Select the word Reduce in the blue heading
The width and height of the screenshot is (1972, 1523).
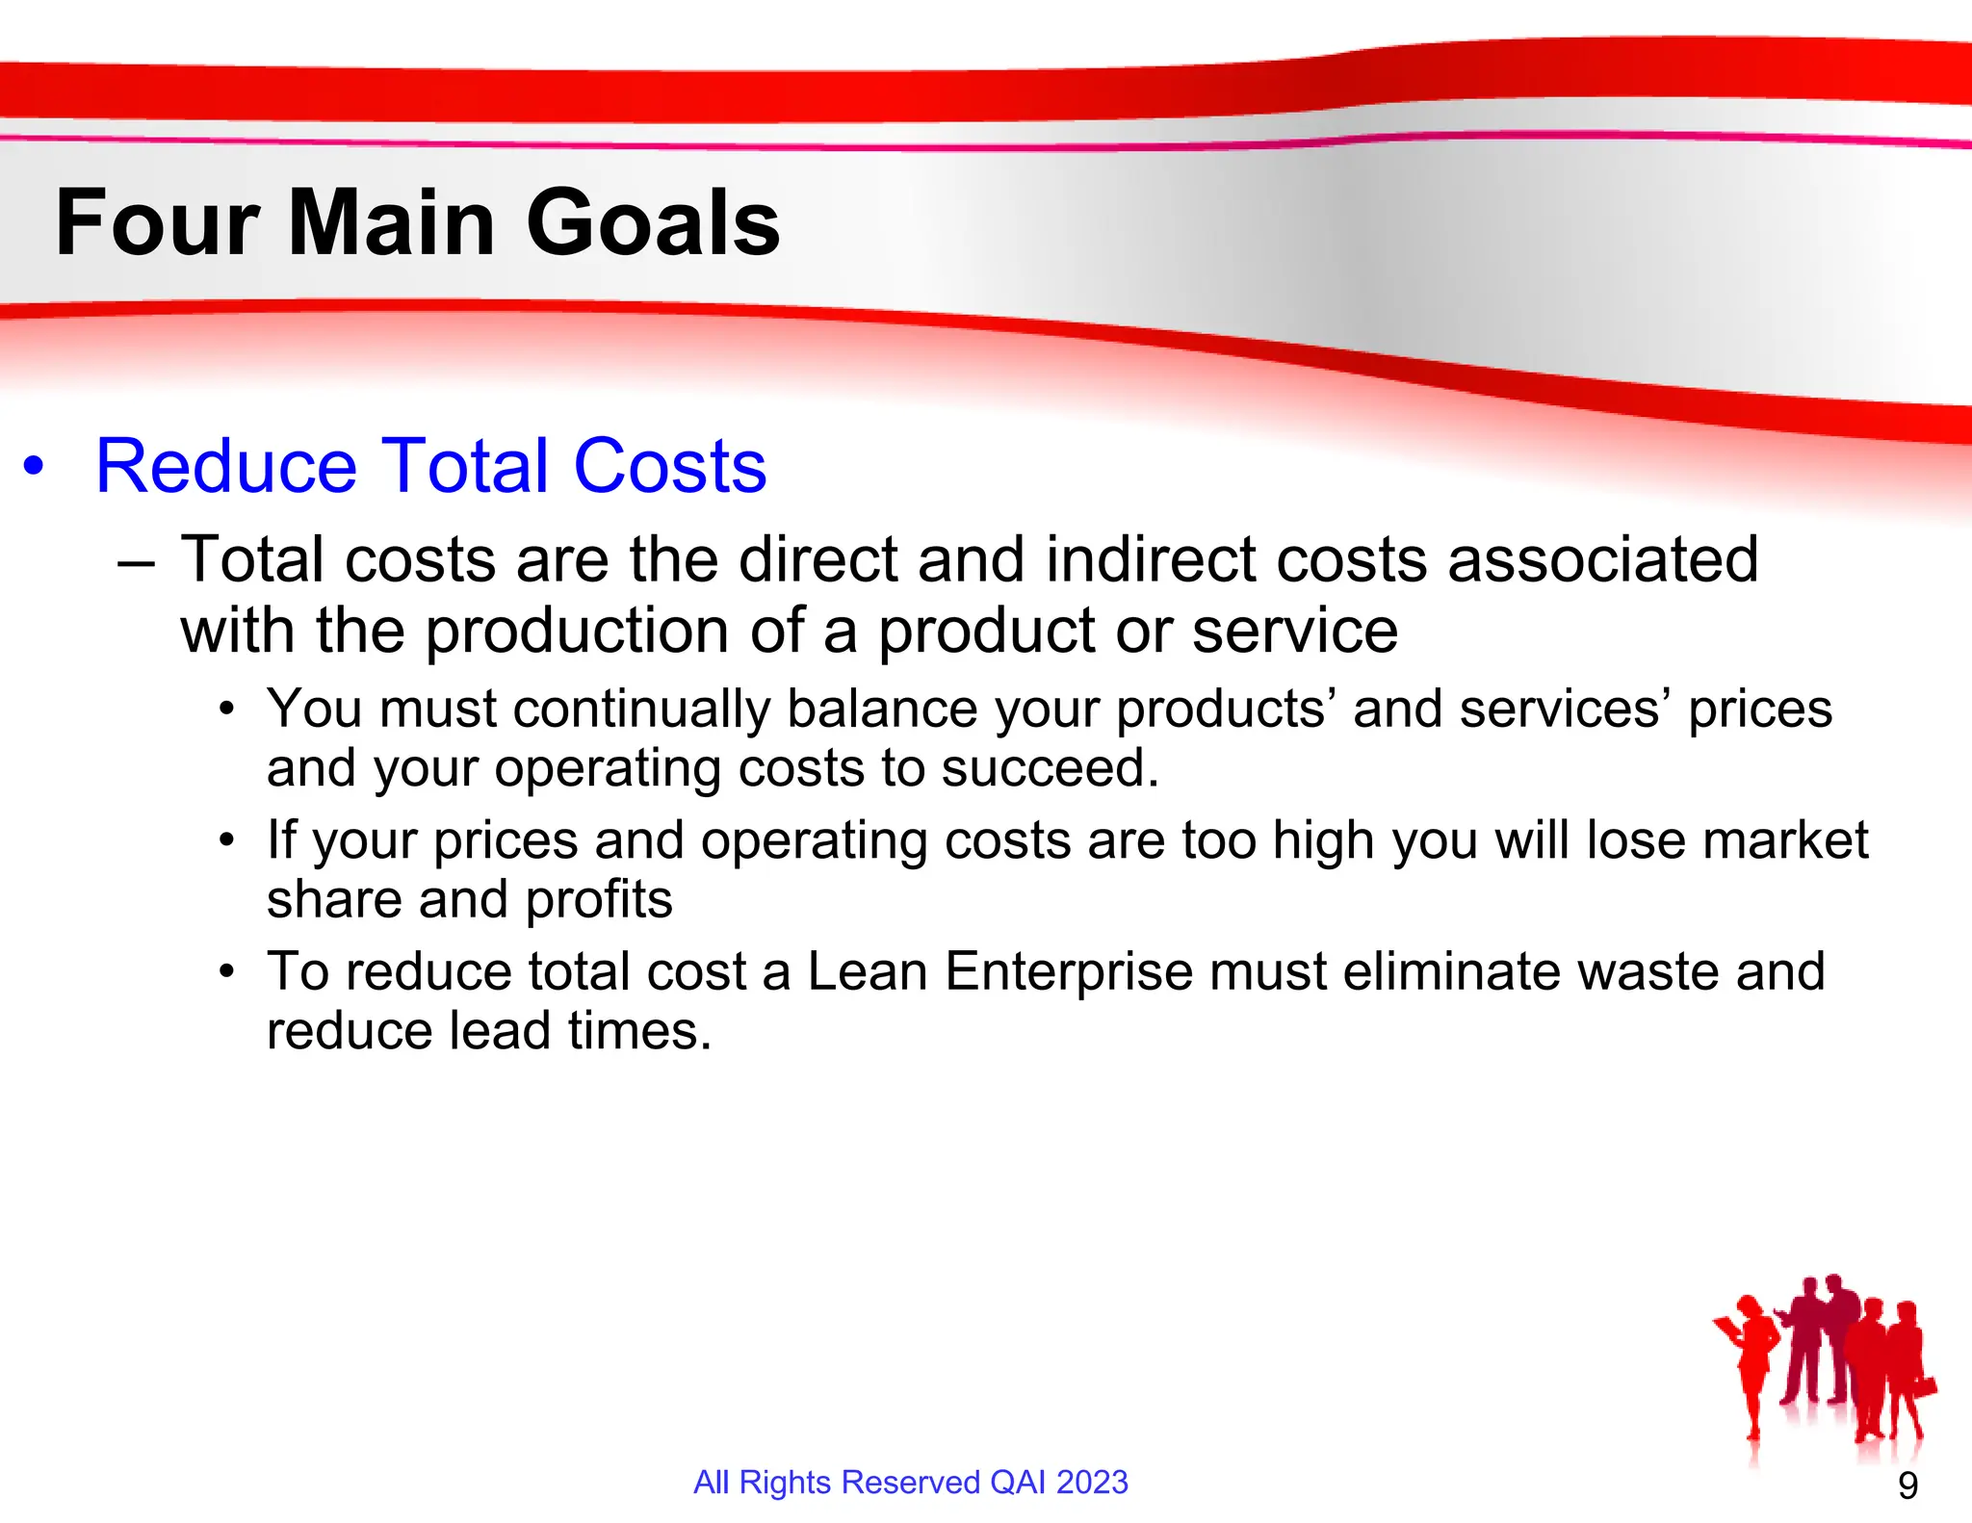(x=226, y=467)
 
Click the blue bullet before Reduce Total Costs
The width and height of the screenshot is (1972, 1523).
(x=35, y=467)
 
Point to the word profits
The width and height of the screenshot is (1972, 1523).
(x=598, y=901)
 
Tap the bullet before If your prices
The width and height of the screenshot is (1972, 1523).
(x=226, y=841)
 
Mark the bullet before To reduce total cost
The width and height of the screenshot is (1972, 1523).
(x=226, y=972)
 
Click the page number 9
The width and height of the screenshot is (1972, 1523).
(x=1907, y=1486)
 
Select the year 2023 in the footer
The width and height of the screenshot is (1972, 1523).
(x=1092, y=1483)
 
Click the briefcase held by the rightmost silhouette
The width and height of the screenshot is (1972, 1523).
(x=1924, y=1386)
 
